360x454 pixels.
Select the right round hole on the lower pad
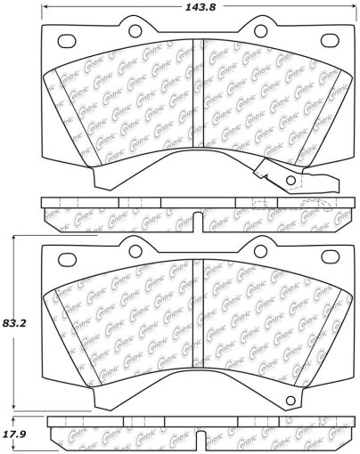pyautogui.click(x=267, y=252)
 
